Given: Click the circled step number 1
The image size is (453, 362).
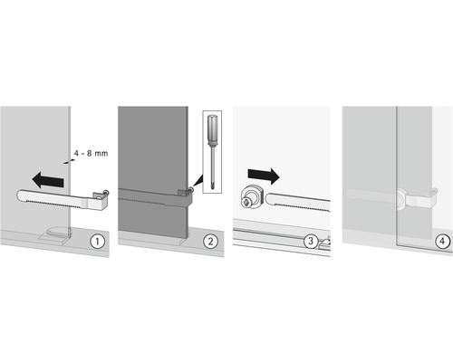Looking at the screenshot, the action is click(x=97, y=242).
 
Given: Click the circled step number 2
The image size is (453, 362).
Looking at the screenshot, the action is click(x=210, y=242).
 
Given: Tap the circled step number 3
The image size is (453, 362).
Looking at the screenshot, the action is click(x=311, y=242).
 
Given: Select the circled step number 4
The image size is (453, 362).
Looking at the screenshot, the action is click(x=442, y=242).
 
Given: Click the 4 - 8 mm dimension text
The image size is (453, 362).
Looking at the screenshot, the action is click(x=91, y=153).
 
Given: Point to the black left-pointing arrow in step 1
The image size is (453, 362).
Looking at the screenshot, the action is click(x=48, y=180).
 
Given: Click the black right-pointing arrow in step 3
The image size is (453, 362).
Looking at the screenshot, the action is click(x=264, y=176).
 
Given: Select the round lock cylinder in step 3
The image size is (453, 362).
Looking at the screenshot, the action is click(x=253, y=198).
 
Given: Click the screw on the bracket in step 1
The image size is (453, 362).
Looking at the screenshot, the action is click(x=106, y=192).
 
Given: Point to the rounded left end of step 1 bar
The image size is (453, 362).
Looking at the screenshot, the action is click(x=20, y=195).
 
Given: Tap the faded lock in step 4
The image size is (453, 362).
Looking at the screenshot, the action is click(x=402, y=200).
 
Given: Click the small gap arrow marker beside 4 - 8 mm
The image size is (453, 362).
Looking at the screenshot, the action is click(x=68, y=162).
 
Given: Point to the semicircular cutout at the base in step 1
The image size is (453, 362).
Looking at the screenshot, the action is click(x=59, y=231).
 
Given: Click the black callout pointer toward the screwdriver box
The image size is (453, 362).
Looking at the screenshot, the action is click(x=198, y=181).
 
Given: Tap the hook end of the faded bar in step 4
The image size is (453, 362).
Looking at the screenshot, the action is click(x=434, y=192).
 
